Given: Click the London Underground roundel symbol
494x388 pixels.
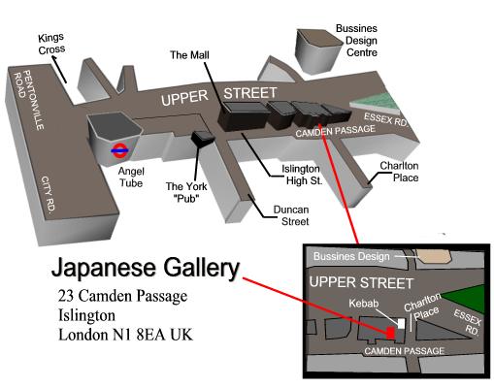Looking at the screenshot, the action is click(x=119, y=150).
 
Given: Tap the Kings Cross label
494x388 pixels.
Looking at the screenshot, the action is click(x=51, y=44).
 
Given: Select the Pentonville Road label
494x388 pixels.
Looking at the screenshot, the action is click(x=29, y=100).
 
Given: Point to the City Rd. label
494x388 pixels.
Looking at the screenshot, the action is click(x=48, y=195).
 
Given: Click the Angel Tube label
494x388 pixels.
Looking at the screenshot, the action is click(x=131, y=178).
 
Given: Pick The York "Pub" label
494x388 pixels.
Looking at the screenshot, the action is click(x=186, y=192).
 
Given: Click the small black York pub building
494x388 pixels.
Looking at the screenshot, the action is click(x=203, y=139).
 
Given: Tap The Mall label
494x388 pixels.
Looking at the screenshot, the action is click(x=189, y=55).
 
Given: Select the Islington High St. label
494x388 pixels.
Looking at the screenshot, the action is click(x=302, y=175).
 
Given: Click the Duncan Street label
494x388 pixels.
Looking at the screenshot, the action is click(x=291, y=215).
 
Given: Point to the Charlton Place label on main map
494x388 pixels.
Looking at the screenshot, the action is click(x=399, y=172).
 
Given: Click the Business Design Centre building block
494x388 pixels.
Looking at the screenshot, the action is click(x=318, y=51).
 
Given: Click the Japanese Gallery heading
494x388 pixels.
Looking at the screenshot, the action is click(x=146, y=268).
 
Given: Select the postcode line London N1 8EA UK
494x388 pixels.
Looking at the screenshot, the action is click(x=125, y=335).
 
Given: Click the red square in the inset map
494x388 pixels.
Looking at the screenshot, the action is click(x=391, y=333).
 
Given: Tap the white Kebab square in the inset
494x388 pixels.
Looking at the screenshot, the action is click(x=401, y=323).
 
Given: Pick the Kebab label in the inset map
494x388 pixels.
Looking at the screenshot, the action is click(x=364, y=304).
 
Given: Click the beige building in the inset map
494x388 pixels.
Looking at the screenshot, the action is click(x=435, y=256).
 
